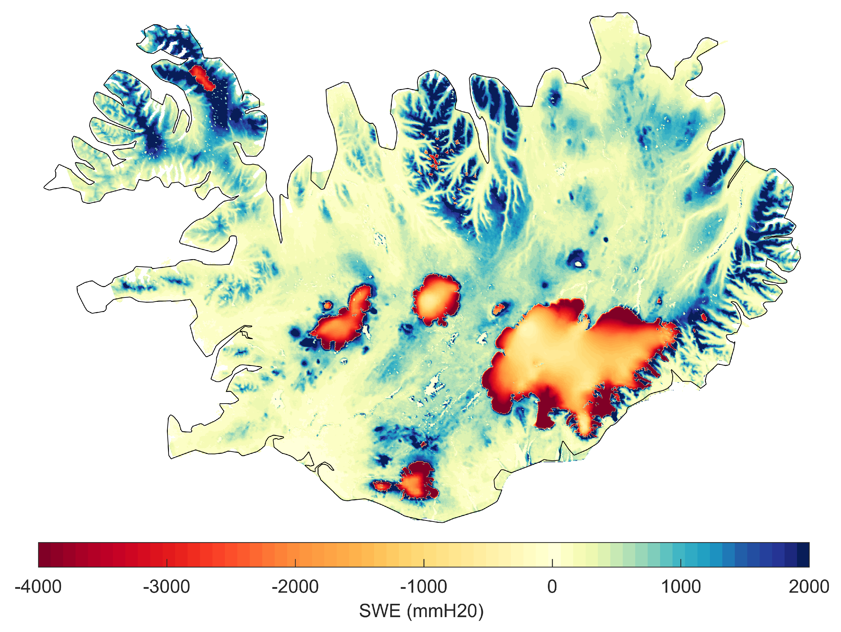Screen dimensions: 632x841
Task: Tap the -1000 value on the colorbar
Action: click(x=424, y=587)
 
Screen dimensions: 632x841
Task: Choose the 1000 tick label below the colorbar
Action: click(x=681, y=587)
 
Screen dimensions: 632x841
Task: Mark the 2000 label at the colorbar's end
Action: click(x=809, y=587)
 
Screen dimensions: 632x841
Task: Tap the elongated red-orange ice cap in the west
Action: click(x=342, y=321)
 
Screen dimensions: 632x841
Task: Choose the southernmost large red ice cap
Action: click(x=416, y=481)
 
